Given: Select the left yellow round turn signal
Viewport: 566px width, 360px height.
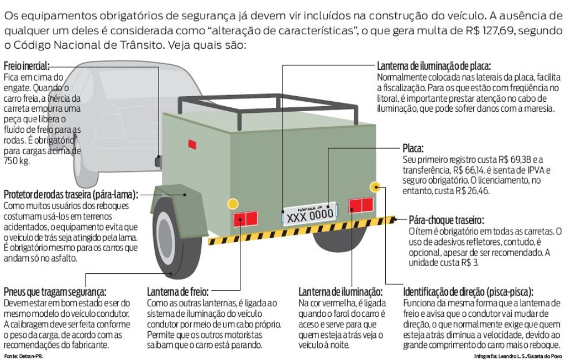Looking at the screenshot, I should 233,203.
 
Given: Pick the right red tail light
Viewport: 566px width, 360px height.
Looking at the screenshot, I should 361,205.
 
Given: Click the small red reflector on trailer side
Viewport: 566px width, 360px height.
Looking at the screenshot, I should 192,144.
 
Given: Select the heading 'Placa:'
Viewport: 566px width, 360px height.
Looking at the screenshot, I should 413,149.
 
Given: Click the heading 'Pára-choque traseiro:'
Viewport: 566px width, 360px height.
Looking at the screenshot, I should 446,220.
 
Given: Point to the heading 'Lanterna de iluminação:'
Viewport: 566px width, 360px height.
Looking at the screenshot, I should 340,291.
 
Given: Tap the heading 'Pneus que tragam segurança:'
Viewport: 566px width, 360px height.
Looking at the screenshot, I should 55,291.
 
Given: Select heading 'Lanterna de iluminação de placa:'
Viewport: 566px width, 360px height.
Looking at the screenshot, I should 433,66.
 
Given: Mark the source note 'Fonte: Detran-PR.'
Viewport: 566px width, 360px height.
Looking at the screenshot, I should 23,356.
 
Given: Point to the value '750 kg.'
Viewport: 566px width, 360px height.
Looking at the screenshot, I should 17,161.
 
